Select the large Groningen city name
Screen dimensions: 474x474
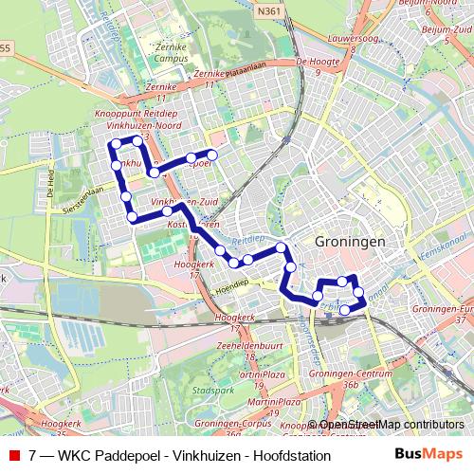[350, 242]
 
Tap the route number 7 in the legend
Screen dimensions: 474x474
[33, 455]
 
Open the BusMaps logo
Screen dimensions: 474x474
[427, 454]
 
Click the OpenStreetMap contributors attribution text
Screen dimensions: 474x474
[392, 425]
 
